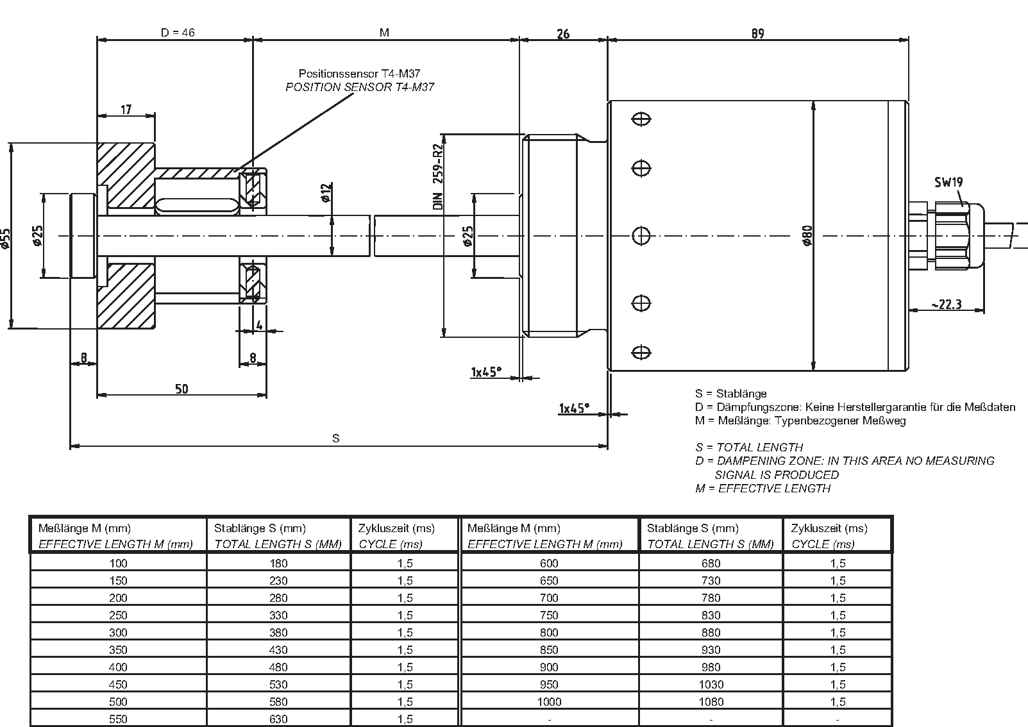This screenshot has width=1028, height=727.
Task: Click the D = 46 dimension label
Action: tap(178, 32)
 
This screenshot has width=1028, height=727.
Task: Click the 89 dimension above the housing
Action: tap(758, 33)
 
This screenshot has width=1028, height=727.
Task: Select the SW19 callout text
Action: tap(948, 182)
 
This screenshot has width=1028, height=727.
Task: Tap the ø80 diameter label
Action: tap(807, 236)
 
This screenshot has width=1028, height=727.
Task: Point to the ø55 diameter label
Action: tap(6, 237)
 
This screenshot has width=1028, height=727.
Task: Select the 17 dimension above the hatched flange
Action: tap(126, 110)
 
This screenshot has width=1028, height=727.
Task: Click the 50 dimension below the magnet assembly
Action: tap(181, 389)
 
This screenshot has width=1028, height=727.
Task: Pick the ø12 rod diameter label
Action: tap(325, 192)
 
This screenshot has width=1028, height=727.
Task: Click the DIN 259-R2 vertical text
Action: tap(439, 178)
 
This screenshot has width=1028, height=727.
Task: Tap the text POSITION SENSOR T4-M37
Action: tap(359, 87)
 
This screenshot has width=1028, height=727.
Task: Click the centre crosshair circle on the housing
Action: tap(641, 236)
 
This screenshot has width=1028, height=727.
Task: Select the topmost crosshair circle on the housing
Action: tap(641, 119)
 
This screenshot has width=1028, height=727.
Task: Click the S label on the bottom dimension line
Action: tap(335, 439)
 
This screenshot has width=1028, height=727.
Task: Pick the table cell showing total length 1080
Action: tap(711, 701)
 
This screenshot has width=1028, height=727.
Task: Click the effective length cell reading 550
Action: tap(118, 719)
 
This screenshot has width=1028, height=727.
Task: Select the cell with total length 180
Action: tap(278, 563)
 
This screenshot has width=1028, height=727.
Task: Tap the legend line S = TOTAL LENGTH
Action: tap(749, 447)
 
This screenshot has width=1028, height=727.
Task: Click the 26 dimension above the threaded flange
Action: tap(562, 33)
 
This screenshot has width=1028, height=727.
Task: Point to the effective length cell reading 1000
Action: tap(549, 701)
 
